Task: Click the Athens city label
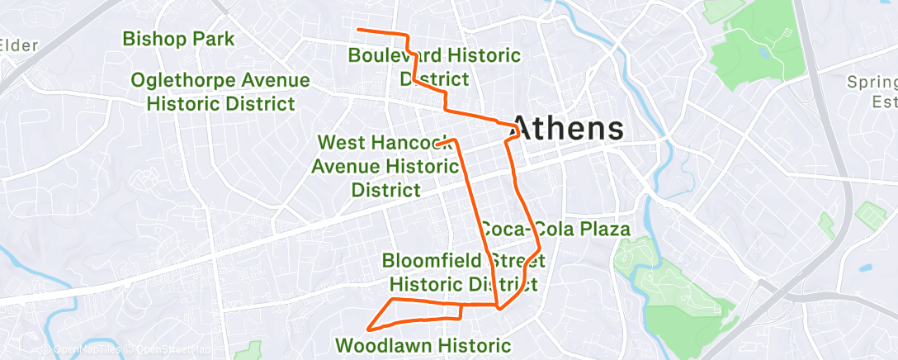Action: pyautogui.click(x=568, y=128)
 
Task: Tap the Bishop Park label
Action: pyautogui.click(x=178, y=39)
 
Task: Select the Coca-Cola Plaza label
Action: pyautogui.click(x=555, y=229)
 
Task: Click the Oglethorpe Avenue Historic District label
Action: pyautogui.click(x=220, y=92)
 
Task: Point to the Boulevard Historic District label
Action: pyautogui.click(x=434, y=67)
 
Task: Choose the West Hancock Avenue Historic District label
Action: pyautogui.click(x=385, y=166)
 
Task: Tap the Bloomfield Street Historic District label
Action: pyautogui.click(x=463, y=272)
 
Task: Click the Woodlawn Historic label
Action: pyautogui.click(x=424, y=344)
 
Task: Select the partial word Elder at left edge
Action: pyautogui.click(x=20, y=45)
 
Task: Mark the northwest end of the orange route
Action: pyautogui.click(x=357, y=30)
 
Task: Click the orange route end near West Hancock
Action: pyautogui.click(x=438, y=144)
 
